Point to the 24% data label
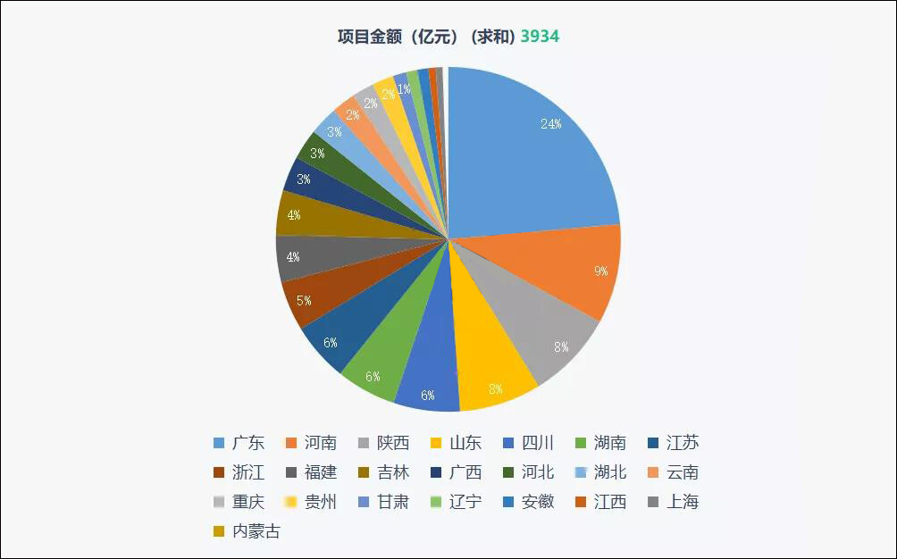tap(551, 124)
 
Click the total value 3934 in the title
tap(540, 37)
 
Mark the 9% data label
tap(601, 271)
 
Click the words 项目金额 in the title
tap(365, 37)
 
